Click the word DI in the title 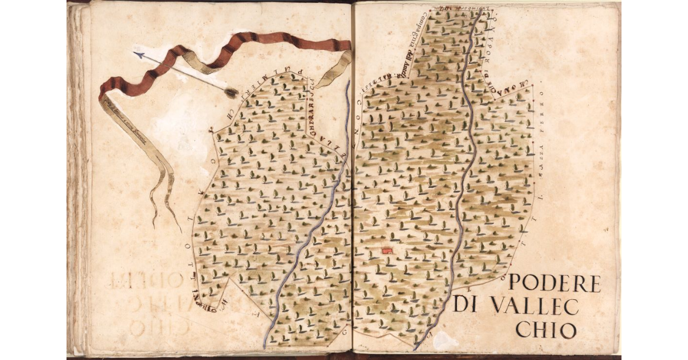click(x=465, y=305)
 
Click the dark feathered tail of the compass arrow click(x=231, y=92)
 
